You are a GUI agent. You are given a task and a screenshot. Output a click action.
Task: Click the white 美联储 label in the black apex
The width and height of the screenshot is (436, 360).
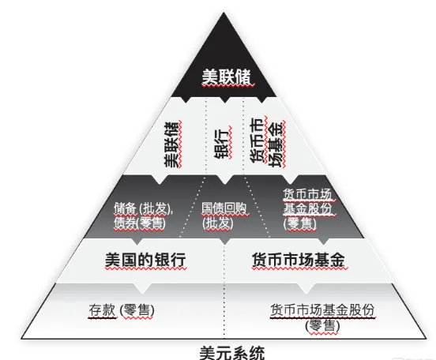pyautogui.click(x=226, y=77)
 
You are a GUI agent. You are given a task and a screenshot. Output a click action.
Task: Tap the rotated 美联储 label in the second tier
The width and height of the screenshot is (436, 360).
pyautogui.click(x=171, y=144)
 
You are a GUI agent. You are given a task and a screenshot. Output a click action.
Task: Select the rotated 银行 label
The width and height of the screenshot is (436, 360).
pyautogui.click(x=222, y=143)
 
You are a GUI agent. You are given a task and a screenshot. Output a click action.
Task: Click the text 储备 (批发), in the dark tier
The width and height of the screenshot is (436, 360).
pyautogui.click(x=144, y=208)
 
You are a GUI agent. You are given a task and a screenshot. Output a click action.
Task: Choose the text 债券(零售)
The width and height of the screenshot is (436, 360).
pyautogui.click(x=140, y=223)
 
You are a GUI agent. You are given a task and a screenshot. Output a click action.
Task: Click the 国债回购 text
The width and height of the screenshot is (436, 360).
pyautogui.click(x=224, y=208)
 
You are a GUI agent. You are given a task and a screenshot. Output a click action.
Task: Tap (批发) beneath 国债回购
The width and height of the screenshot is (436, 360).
pyautogui.click(x=218, y=223)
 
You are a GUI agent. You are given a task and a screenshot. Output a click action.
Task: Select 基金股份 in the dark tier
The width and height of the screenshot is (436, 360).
pyautogui.click(x=308, y=208)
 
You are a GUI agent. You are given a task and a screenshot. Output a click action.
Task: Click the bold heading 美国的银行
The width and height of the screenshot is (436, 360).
pyautogui.click(x=145, y=260)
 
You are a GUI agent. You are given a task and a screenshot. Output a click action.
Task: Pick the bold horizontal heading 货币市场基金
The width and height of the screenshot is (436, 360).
pyautogui.click(x=299, y=260)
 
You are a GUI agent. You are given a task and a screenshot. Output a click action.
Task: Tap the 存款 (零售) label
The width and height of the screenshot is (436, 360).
pyautogui.click(x=122, y=310)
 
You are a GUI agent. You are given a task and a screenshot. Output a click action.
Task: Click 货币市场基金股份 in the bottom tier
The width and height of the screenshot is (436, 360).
pyautogui.click(x=322, y=310)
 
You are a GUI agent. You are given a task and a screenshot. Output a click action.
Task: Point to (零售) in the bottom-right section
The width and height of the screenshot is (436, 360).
pyautogui.click(x=322, y=325)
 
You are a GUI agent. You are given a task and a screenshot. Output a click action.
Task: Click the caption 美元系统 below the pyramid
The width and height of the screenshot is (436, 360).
pyautogui.click(x=232, y=352)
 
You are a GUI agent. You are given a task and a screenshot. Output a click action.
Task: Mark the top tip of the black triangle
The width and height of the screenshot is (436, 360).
pyautogui.click(x=224, y=13)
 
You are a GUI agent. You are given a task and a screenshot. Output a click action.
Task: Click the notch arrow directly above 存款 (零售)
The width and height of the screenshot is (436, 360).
pyautogui.click(x=142, y=288)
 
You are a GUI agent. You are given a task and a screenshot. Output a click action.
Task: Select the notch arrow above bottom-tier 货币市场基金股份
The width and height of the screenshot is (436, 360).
pyautogui.click(x=306, y=288)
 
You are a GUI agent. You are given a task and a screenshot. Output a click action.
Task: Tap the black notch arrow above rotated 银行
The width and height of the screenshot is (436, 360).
pyautogui.click(x=224, y=99)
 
